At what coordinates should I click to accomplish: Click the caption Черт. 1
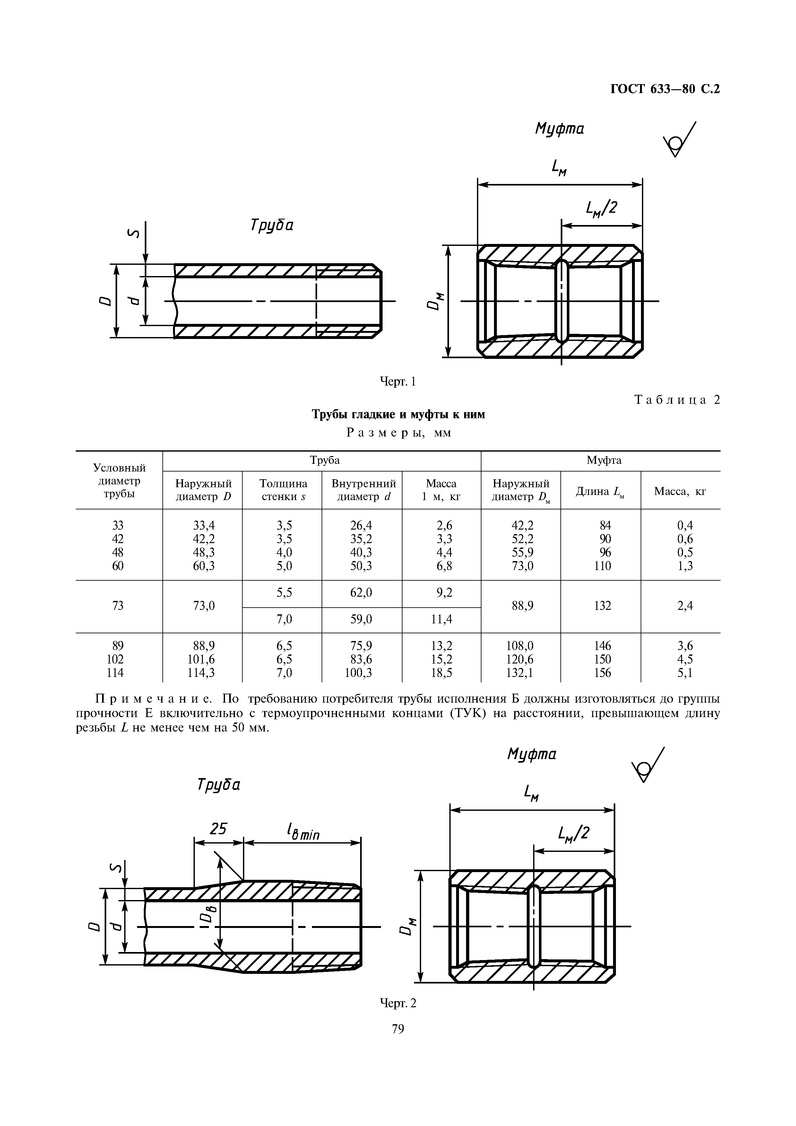pyautogui.click(x=398, y=381)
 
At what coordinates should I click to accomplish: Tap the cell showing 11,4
pyautogui.click(x=441, y=619)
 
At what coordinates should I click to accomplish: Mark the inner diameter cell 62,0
pyautogui.click(x=361, y=593)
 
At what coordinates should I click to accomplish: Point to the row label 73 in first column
pyautogui.click(x=118, y=606)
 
